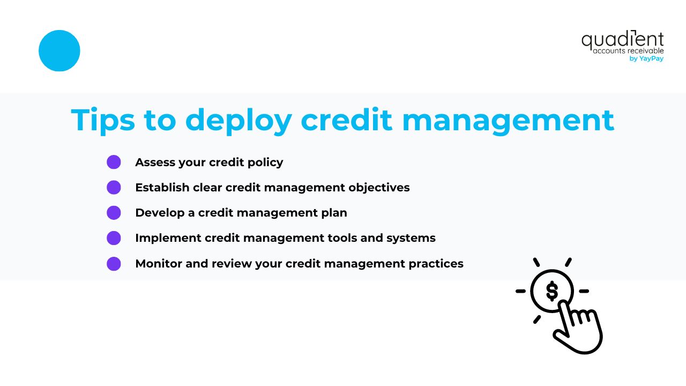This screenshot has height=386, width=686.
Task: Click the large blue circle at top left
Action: (59, 50)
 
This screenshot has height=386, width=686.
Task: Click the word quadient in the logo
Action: (622, 40)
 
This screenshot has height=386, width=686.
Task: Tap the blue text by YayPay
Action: (646, 59)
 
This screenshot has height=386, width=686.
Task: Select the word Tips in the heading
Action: (102, 120)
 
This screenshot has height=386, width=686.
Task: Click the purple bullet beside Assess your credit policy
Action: (114, 162)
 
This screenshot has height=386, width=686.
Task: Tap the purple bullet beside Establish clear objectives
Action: (114, 188)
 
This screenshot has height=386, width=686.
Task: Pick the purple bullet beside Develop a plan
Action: (114, 213)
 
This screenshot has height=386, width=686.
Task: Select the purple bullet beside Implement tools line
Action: (114, 237)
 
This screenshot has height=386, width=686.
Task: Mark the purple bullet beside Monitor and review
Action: (114, 264)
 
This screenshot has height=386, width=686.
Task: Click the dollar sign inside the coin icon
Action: (552, 291)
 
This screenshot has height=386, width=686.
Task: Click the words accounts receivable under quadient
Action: (628, 51)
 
